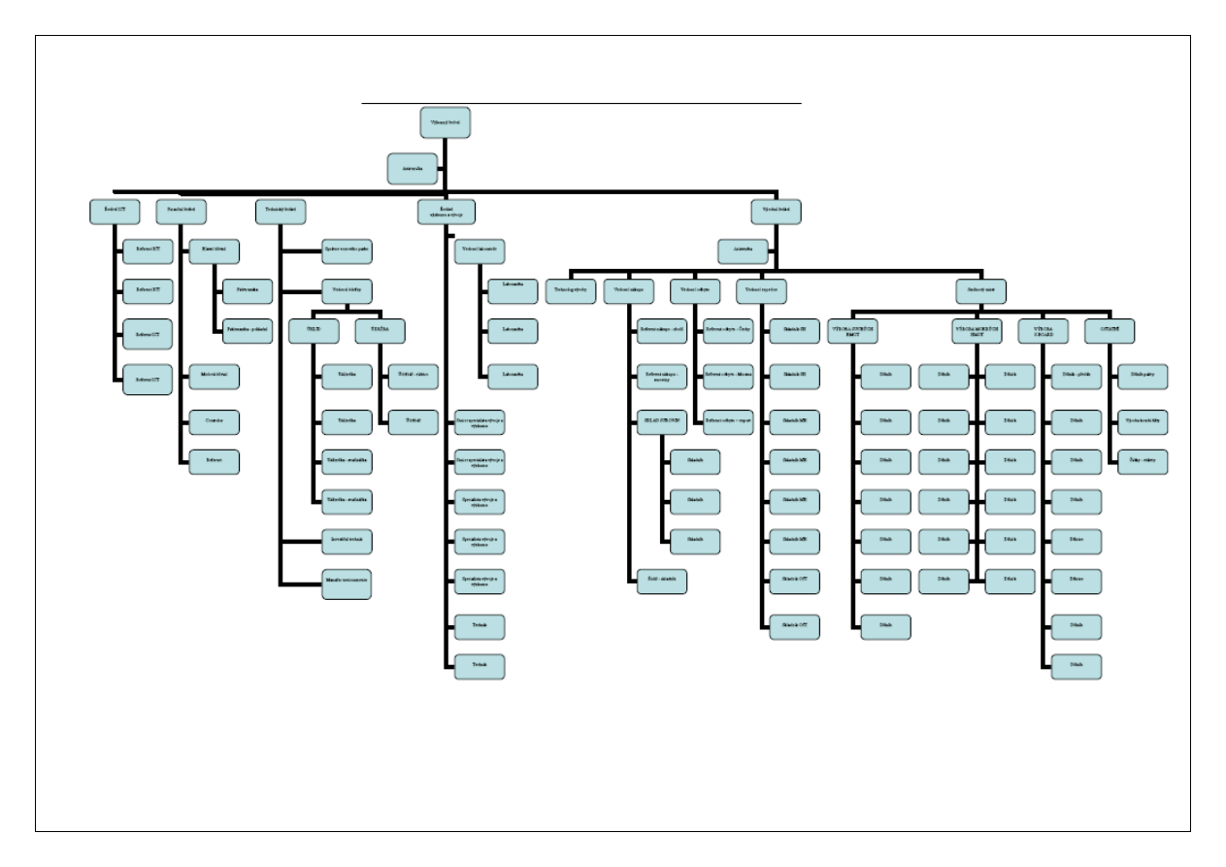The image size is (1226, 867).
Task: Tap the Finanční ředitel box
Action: pyautogui.click(x=182, y=211)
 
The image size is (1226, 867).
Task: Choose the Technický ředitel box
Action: pyautogui.click(x=282, y=211)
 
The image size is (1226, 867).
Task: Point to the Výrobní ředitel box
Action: pyautogui.click(x=775, y=211)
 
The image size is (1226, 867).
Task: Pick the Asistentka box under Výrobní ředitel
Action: pyautogui.click(x=743, y=250)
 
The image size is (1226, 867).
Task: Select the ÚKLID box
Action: pyautogui.click(x=313, y=332)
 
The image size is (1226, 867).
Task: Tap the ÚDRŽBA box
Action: pyautogui.click(x=380, y=332)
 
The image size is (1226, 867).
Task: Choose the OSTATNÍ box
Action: pyautogui.click(x=1110, y=332)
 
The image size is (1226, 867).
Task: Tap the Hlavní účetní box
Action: pyautogui.click(x=214, y=250)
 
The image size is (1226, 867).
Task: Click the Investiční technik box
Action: pyautogui.click(x=346, y=538)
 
